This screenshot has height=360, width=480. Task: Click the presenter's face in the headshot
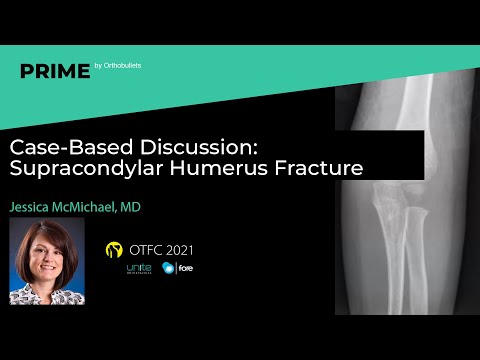46,261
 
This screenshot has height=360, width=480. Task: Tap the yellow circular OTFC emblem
113,248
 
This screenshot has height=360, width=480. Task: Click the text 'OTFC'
146,248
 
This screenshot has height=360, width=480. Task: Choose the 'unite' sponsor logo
137,270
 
